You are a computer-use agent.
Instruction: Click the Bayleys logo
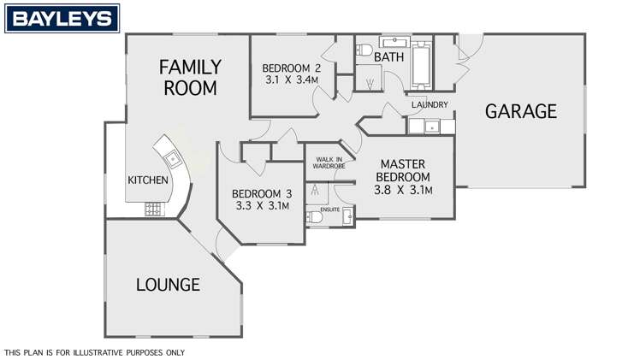point(62,18)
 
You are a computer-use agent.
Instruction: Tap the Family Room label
point(190,78)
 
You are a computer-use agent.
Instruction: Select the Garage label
point(521,111)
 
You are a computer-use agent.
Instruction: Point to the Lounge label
point(168,285)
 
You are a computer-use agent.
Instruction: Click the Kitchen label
point(148,180)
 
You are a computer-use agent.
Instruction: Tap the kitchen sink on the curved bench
point(173,158)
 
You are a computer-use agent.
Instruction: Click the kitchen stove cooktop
point(155,210)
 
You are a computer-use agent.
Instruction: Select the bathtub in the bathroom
point(421,65)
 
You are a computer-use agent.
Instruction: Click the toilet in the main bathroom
point(364,50)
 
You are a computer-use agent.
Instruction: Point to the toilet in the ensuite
point(314,217)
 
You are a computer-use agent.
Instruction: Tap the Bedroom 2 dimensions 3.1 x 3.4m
point(292,80)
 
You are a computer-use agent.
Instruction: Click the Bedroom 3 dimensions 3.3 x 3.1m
point(263,205)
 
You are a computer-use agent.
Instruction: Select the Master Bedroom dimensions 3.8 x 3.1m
point(403,190)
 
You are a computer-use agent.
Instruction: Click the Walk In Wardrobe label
point(329,162)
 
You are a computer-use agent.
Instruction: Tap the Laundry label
point(430,105)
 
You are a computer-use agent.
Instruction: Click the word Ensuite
point(329,210)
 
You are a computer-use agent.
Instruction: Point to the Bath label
point(389,57)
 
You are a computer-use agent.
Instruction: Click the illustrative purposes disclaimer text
point(95,352)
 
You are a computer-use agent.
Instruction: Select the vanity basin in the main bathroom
point(394,42)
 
